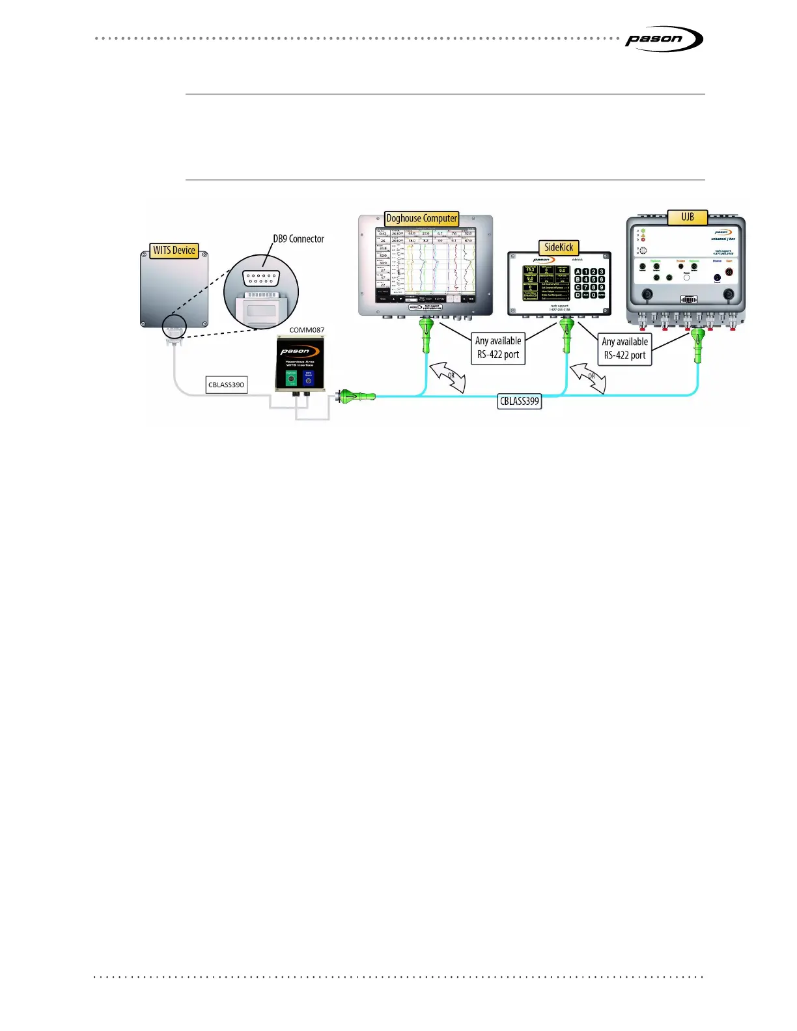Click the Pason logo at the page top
coord(663,39)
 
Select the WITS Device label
coord(174,251)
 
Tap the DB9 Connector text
coord(298,239)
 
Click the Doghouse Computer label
coord(421,219)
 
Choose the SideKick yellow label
coord(559,247)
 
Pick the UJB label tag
coord(688,217)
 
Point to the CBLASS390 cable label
coord(226,385)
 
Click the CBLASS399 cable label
coord(520,401)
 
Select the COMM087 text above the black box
coord(307,330)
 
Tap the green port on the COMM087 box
coord(292,379)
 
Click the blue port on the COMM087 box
coord(309,379)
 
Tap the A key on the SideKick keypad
coord(578,272)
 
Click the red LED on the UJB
coord(643,240)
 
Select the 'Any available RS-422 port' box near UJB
coord(624,349)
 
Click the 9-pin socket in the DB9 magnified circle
coord(261,279)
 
